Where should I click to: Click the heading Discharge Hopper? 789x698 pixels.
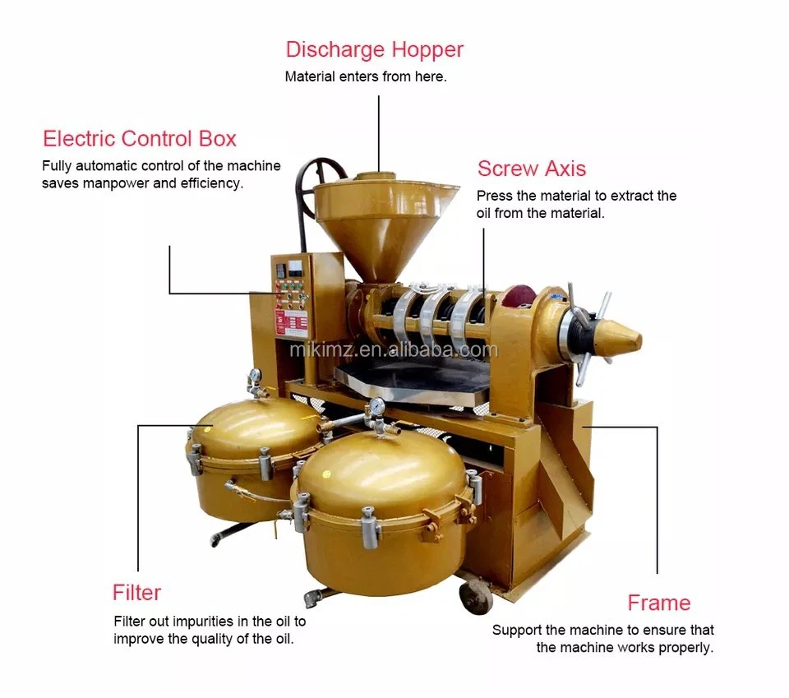375,50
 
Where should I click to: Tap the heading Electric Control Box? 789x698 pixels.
140,138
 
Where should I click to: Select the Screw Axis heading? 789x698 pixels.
532,169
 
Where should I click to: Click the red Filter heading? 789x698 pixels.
136,592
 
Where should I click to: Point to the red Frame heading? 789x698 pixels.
658,603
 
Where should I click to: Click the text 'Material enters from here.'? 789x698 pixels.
366,76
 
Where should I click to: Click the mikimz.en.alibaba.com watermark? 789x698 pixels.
394,349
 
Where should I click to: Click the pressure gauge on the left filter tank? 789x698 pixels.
255,374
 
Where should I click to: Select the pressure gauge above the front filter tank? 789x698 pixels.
376,405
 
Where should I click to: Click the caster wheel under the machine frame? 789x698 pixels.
476,596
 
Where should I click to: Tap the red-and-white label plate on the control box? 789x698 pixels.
291,322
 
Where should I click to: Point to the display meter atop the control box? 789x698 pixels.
295,267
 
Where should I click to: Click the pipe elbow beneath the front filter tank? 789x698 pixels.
313,598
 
